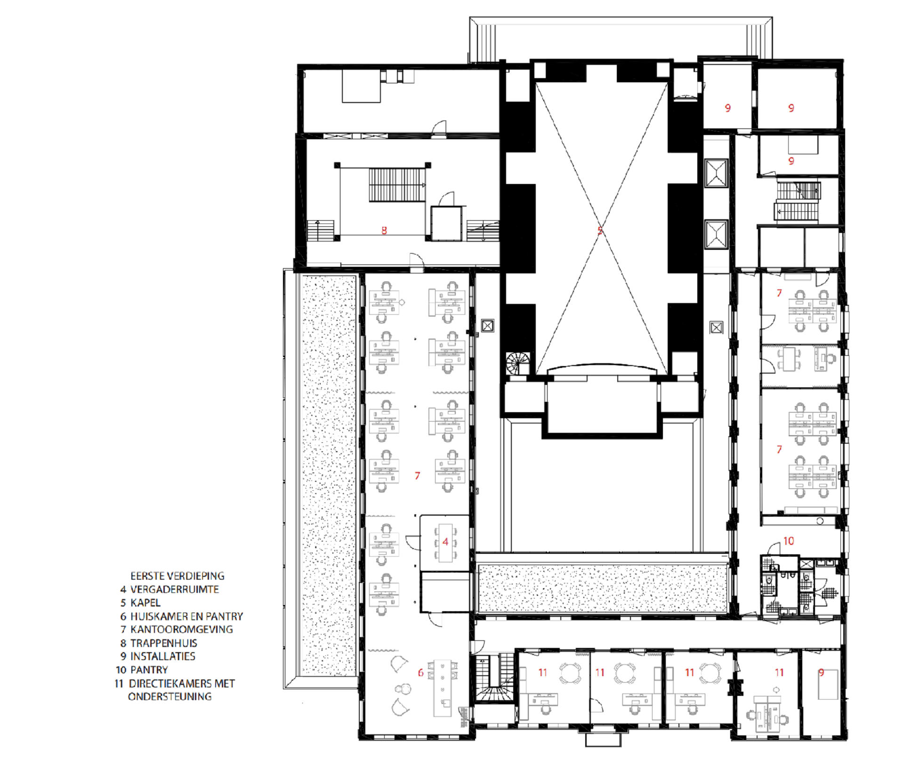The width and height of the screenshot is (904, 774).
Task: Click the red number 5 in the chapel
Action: (600, 231)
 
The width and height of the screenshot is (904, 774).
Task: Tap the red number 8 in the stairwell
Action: (384, 231)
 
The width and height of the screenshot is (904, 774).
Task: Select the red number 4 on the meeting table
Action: (445, 542)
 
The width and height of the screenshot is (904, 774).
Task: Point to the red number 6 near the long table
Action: (420, 673)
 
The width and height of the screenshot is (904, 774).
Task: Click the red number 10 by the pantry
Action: (789, 541)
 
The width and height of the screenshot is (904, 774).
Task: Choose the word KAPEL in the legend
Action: (145, 603)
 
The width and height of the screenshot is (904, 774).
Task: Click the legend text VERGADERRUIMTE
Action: (175, 589)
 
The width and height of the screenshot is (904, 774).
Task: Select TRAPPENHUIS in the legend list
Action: (164, 643)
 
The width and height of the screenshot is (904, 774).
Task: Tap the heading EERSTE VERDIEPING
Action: (178, 576)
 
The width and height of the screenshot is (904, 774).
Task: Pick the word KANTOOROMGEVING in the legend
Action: (182, 629)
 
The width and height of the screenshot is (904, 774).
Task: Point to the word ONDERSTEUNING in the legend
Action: (170, 696)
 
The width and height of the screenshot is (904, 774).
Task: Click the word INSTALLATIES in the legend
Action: (163, 656)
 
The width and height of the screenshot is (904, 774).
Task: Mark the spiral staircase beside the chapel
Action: (518, 364)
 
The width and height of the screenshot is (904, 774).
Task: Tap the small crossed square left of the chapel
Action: (488, 325)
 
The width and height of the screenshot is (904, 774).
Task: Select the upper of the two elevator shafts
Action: (716, 173)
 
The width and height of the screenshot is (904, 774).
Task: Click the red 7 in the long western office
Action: (417, 476)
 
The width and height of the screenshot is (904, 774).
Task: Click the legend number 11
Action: (119, 683)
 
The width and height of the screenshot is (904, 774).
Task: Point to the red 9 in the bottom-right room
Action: (821, 673)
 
